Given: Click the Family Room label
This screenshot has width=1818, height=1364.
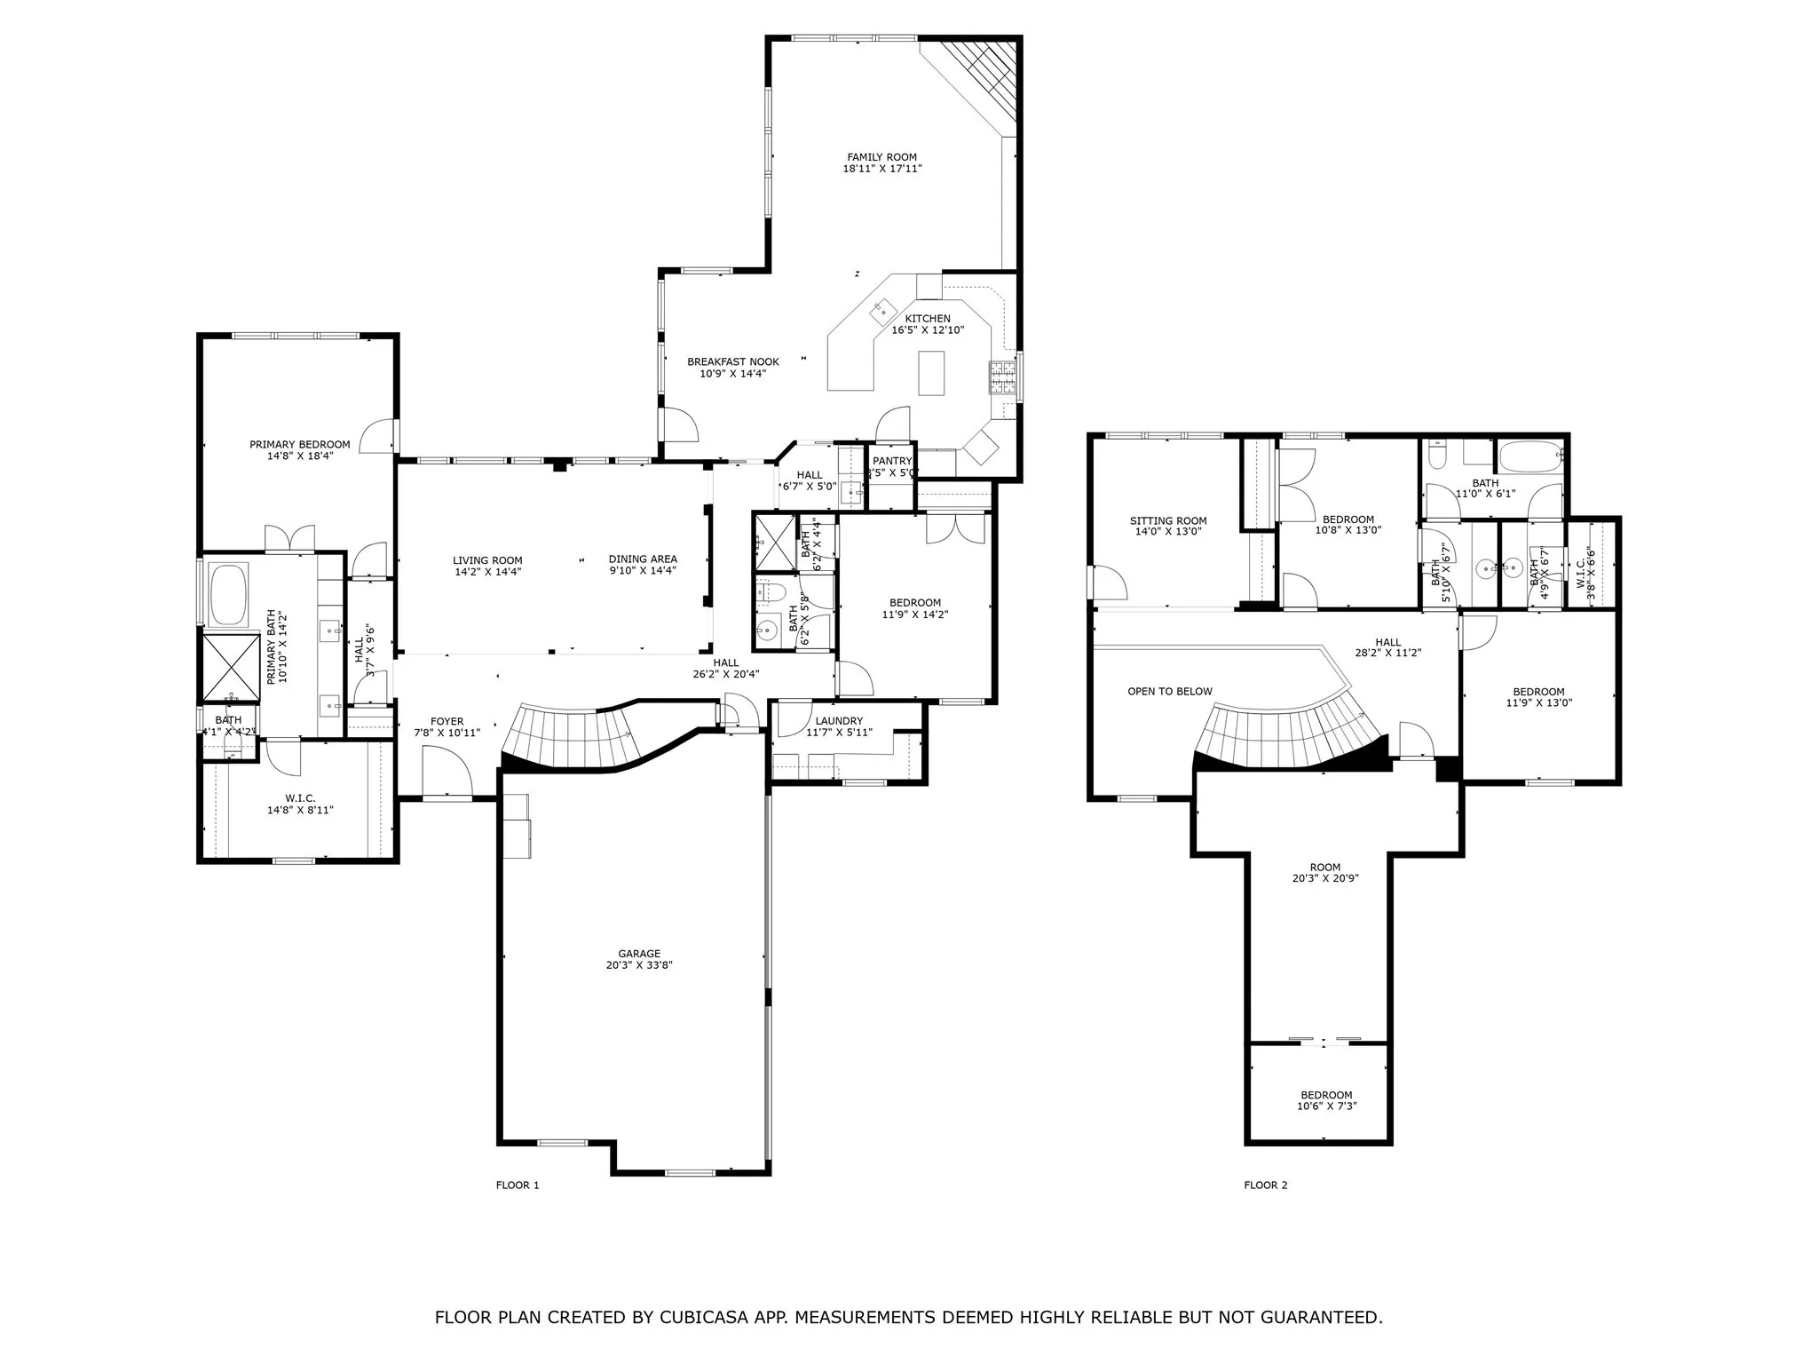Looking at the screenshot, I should click(881, 157).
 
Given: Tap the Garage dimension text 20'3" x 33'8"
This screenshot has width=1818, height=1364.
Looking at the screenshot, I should click(639, 965).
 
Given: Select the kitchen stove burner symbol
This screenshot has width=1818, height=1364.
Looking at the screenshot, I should click(1002, 378).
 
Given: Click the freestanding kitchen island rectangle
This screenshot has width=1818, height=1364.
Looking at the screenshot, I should click(930, 373).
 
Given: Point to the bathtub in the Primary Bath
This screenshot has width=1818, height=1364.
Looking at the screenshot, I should click(229, 596).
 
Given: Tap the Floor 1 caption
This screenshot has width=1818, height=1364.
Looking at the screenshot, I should click(517, 1185).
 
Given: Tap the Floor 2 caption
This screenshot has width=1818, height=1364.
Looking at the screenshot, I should click(1265, 1185).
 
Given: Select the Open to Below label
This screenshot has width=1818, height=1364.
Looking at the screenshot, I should click(1169, 691).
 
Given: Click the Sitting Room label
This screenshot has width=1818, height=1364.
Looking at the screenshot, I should click(1167, 521).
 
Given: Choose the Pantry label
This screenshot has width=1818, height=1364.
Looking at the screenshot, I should click(891, 461).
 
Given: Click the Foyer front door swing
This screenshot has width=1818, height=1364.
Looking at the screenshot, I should click(447, 773).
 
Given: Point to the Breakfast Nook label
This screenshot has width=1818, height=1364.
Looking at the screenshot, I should click(732, 361).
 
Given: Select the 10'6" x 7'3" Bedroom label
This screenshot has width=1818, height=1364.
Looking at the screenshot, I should click(1326, 1095).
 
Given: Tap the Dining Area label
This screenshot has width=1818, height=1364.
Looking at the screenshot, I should click(643, 559).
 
